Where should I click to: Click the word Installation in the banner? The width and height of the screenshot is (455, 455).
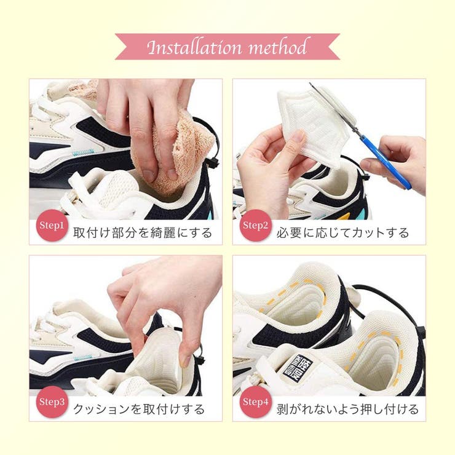point(194,47)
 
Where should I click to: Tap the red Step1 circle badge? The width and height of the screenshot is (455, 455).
point(52,226)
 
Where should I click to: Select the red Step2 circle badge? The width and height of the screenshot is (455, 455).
point(255,226)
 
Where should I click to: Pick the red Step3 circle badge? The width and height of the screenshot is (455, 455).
point(52,402)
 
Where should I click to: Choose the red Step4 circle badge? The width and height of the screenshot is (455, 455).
point(255,402)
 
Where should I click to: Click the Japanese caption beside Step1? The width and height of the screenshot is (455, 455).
point(143,232)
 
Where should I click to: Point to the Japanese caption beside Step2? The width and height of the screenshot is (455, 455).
point(342,232)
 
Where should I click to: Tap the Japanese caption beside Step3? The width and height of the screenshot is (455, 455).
point(139,409)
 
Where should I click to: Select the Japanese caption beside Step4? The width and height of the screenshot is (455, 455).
point(347,409)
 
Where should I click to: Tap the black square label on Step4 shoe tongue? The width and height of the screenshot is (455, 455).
point(298,367)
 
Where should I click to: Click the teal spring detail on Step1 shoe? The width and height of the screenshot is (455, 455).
point(84,152)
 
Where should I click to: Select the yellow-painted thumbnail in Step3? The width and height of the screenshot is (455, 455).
point(184,361)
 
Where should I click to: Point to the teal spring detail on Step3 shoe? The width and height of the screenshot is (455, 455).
point(84,357)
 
